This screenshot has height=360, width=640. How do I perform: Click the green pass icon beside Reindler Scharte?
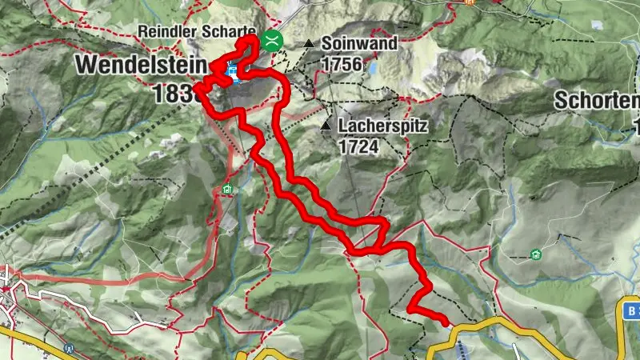pyautogui.click(x=273, y=40)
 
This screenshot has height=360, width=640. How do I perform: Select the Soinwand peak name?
pyautogui.click(x=359, y=44)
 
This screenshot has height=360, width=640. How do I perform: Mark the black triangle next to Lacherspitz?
pyautogui.click(x=326, y=126)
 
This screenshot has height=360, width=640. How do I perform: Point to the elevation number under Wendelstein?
pyautogui.click(x=170, y=94)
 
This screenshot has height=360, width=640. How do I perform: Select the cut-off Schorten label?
pyautogui.click(x=597, y=101)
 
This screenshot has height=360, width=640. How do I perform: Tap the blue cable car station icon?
pyautogui.click(x=232, y=74)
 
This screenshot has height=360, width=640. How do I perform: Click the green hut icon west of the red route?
pyautogui.click(x=228, y=190)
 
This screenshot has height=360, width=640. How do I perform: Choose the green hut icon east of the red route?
pyautogui.click(x=534, y=255)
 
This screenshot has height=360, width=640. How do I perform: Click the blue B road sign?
pyautogui.click(x=631, y=310)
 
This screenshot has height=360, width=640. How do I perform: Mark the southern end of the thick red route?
pyautogui.click(x=445, y=322)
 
